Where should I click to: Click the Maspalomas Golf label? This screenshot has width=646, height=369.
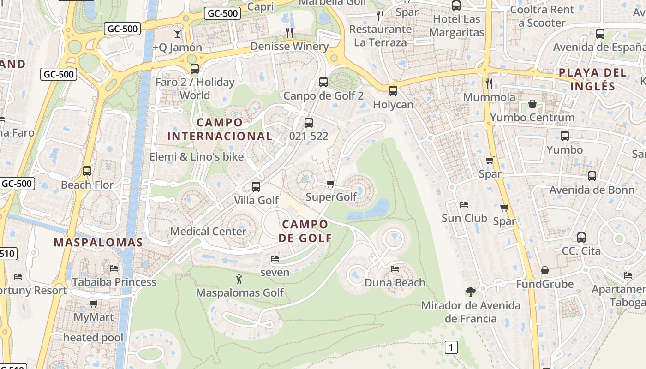click(240, 293)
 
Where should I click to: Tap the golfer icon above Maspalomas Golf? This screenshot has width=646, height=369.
click(239, 279)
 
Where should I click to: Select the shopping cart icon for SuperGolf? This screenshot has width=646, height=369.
click(330, 184)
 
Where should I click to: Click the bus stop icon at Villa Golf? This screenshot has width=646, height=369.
click(256, 187)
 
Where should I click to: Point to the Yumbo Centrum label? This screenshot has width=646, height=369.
click(532, 118)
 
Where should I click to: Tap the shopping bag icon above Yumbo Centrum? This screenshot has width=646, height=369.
click(532, 104)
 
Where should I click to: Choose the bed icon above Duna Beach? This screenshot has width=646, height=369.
click(395, 268)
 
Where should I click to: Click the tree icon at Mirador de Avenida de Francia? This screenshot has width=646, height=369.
click(471, 292)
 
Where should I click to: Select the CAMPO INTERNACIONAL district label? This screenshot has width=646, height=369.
click(220, 129)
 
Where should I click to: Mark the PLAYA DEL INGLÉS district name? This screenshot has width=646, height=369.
click(592, 79)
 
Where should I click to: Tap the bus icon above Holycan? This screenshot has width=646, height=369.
click(393, 91)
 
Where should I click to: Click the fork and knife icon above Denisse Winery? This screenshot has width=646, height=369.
click(289, 32)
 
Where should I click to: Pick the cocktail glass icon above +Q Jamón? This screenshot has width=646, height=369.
click(177, 33)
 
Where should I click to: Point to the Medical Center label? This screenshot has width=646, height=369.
click(209, 231)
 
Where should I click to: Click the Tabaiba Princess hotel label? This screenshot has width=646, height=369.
click(114, 282)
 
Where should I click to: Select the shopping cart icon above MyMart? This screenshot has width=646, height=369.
click(93, 304)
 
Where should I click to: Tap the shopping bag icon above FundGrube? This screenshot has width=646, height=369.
click(545, 270)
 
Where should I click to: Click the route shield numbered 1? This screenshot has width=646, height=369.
click(451, 347)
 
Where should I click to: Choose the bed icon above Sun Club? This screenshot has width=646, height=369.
click(464, 204)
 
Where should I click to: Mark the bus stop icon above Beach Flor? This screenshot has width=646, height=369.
click(87, 171)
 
